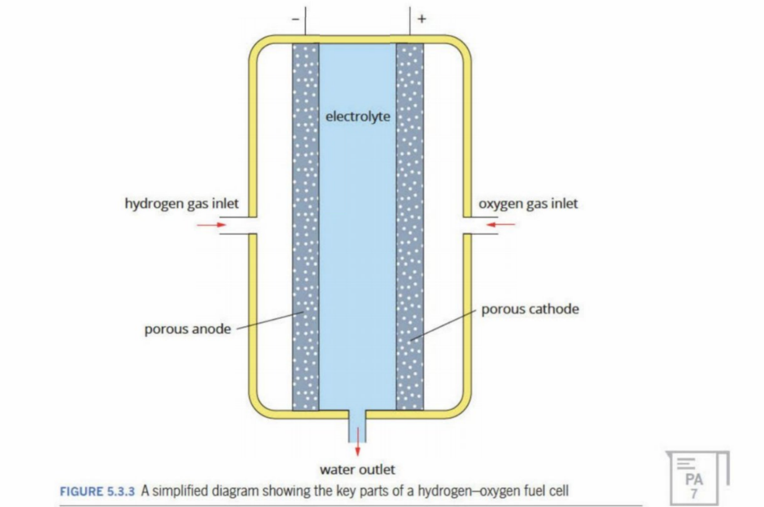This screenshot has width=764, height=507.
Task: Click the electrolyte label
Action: tap(357, 116)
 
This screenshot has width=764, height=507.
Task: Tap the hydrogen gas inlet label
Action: tap(181, 203)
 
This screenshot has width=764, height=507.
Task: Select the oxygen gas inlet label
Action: tap(528, 203)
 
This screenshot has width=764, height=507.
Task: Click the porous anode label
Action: tap(187, 329)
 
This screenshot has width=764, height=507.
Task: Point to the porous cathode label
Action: tap(530, 309)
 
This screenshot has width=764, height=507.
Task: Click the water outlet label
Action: tap(357, 469)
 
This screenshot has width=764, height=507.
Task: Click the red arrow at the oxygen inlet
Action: tap(501, 225)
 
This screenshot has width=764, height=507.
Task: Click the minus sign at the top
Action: tap(294, 19)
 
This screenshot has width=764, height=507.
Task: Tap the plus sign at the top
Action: tap(422, 19)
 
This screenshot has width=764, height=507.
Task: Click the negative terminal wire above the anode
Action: tap(305, 23)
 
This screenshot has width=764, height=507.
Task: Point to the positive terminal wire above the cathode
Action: tap(410, 23)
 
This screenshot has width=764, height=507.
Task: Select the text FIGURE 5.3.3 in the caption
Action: tap(97, 491)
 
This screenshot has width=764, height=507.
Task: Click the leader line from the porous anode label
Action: tap(268, 320)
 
